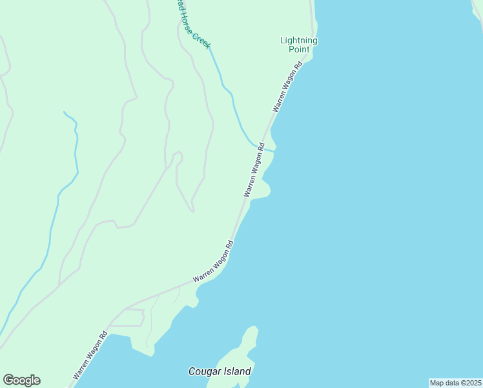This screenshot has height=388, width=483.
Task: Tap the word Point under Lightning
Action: pos(299,49)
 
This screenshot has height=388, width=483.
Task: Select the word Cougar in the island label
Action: pos(202,372)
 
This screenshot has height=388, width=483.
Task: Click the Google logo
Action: pos(21,380)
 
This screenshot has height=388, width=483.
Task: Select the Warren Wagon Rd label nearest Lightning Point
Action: pos(289,87)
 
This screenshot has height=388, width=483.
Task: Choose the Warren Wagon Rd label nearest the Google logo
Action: pos(90,356)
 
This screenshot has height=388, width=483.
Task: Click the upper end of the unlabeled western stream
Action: pos(65,113)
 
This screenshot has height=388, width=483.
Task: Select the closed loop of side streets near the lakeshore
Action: pos(128,318)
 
